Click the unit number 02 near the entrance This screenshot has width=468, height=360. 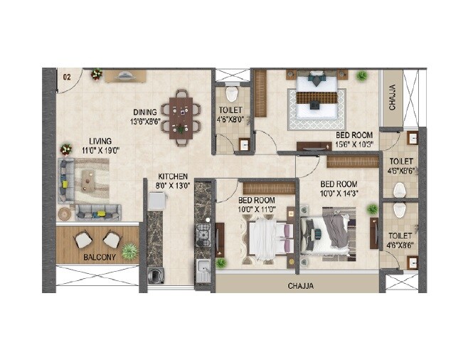[67, 76]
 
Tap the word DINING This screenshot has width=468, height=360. [144, 112]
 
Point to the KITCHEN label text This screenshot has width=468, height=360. [173, 176]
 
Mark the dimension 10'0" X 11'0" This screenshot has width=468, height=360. [256, 209]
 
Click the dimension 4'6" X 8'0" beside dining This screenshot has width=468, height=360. [231, 120]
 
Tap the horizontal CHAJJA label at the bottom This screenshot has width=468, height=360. [302, 286]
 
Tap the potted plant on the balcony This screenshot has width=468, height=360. [129, 251]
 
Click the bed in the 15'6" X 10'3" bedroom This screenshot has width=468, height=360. [316, 96]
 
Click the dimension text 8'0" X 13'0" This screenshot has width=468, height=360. [173, 186]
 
